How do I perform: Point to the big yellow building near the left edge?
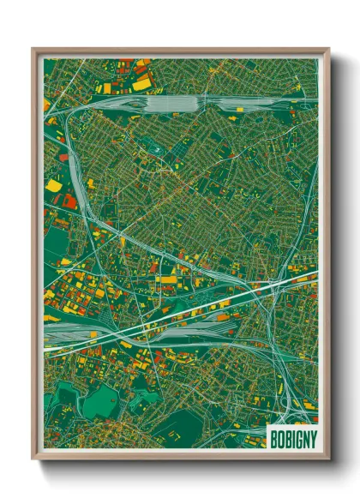pos(54,184)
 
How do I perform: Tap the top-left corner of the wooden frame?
pos(33,50)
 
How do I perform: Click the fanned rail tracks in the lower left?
pos(77,330)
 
